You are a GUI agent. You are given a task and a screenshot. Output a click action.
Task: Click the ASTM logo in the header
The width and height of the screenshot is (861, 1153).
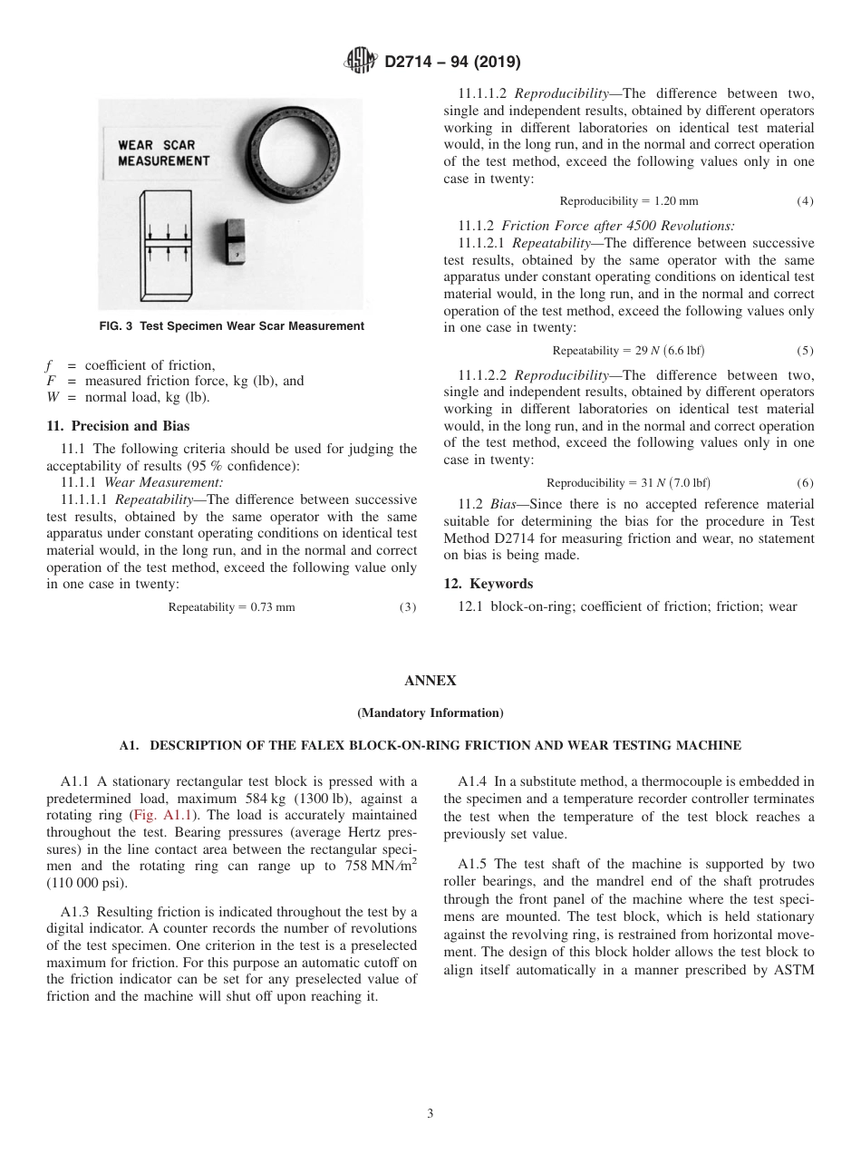point(362,63)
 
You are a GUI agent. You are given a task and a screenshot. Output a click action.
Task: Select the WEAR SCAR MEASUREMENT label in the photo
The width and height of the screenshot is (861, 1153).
point(163,152)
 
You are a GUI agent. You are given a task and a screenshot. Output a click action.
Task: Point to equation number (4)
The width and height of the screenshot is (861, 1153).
point(805,201)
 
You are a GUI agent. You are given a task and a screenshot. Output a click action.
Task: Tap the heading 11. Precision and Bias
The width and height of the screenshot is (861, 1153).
point(118,426)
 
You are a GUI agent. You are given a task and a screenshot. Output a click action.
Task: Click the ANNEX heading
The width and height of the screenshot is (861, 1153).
point(430,681)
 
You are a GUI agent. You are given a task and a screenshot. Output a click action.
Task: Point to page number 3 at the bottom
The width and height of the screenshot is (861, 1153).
point(430,1113)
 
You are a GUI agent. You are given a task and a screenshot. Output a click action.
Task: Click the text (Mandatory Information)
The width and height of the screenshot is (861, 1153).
point(430,712)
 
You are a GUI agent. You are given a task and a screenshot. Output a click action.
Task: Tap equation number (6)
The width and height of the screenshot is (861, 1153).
point(805,483)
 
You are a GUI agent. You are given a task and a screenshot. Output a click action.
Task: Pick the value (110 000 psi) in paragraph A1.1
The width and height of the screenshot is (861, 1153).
point(87,883)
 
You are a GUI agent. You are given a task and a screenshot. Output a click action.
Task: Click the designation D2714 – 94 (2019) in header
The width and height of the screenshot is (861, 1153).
point(452,63)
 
